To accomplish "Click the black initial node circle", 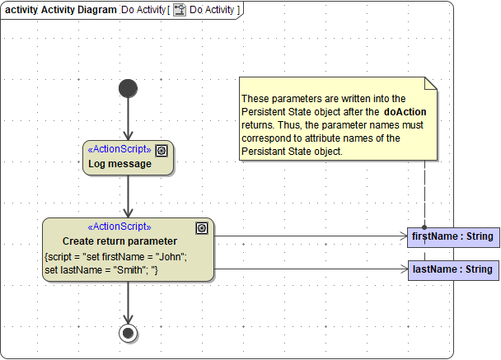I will tap(128, 88).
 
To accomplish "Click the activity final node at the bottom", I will tap(128, 333).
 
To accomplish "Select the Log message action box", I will tap(128, 157).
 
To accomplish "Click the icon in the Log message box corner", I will tap(162, 150).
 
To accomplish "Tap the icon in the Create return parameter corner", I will tap(202, 228).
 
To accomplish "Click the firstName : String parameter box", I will tap(452, 236).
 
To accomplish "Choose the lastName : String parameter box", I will tap(452, 269).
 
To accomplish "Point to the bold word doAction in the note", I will tap(405, 110).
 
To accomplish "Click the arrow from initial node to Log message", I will tap(128, 119).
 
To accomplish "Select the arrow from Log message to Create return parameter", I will tap(128, 197).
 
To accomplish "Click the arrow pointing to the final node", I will tap(128, 302).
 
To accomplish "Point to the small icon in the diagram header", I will tap(179, 10).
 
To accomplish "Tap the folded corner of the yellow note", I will tap(430, 83).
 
